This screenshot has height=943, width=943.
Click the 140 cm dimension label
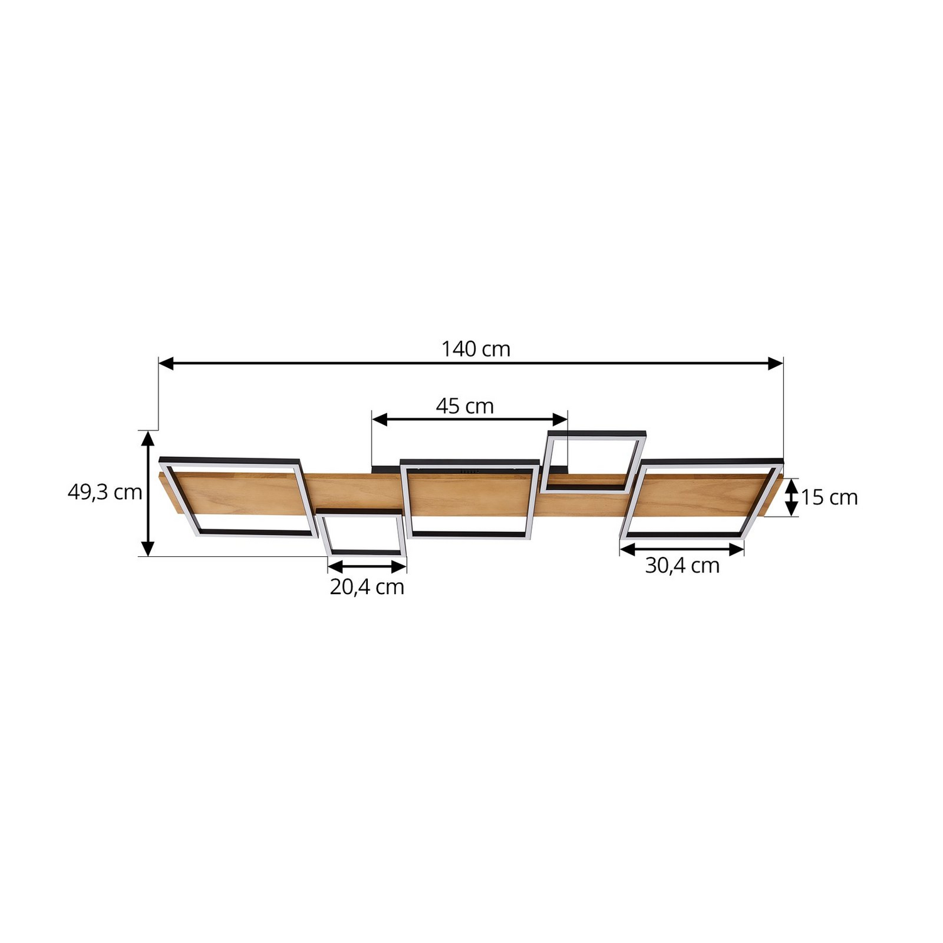(x=475, y=349)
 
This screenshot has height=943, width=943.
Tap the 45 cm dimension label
(x=465, y=406)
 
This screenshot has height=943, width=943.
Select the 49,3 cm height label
(x=105, y=492)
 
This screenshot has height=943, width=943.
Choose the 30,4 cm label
(x=682, y=566)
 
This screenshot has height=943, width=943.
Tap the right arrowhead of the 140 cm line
(x=776, y=363)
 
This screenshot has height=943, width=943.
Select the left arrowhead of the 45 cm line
(x=380, y=419)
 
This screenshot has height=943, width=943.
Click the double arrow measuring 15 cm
(x=792, y=497)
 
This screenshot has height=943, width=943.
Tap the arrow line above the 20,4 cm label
(x=367, y=566)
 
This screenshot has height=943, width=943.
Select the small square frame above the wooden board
(x=595, y=460)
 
